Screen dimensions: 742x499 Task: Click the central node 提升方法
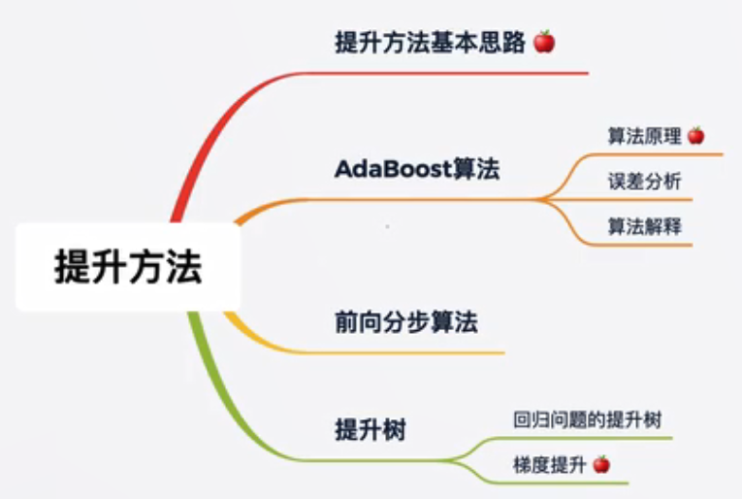click(x=128, y=267)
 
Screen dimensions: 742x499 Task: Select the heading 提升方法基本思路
click(x=430, y=42)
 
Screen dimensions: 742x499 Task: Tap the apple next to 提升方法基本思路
click(x=544, y=42)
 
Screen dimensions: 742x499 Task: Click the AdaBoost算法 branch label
click(x=417, y=169)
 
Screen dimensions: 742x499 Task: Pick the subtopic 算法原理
click(x=644, y=136)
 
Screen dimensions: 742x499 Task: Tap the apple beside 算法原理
click(x=695, y=136)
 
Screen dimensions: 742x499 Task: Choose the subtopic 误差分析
click(x=644, y=182)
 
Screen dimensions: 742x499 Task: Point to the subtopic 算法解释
click(x=644, y=226)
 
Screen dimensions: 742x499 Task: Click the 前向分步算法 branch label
click(x=406, y=322)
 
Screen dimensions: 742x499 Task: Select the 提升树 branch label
click(x=371, y=430)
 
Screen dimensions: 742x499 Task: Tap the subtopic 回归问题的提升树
click(x=587, y=420)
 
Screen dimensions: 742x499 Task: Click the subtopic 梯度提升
click(x=550, y=465)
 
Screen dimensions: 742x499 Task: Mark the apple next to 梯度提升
click(x=601, y=464)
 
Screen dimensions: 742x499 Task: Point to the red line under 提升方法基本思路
click(x=445, y=74)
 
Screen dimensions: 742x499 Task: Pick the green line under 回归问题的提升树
click(x=582, y=439)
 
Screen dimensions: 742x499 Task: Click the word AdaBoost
click(x=393, y=169)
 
